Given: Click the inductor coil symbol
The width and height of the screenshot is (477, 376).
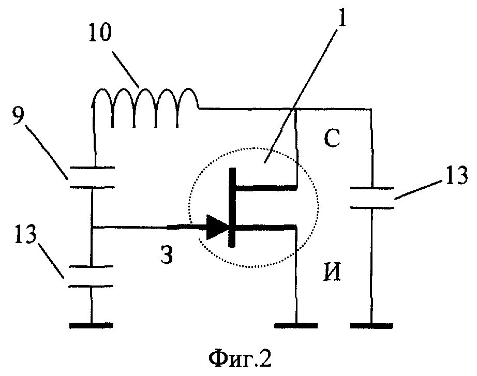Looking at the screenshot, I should point(145,106).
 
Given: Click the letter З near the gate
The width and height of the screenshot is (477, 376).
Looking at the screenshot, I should point(166,255).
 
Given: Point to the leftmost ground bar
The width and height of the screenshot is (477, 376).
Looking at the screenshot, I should point(91,325).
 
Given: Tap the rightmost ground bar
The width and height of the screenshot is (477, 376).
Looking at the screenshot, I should point(371,325).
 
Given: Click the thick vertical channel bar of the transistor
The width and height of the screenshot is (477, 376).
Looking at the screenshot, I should point(233,207).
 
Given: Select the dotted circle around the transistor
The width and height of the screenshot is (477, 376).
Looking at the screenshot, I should point(191,207).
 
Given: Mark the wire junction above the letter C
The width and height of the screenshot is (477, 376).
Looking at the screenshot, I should point(295,109).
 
